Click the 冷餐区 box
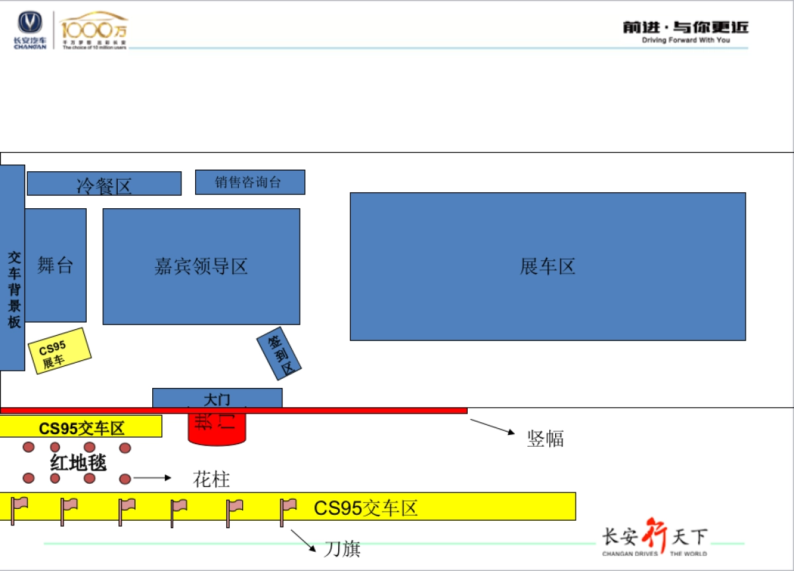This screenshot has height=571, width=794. (104, 184)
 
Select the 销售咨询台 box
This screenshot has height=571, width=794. (249, 182)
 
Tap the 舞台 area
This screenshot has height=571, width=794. (56, 266)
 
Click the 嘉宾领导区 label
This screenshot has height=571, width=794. (201, 266)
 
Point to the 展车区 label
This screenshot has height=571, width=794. (547, 266)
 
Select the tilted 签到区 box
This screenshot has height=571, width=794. (279, 354)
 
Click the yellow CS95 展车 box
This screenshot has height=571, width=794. (60, 351)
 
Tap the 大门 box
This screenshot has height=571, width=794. (217, 399)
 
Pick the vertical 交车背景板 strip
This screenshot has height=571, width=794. (13, 267)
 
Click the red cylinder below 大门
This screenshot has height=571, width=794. (217, 429)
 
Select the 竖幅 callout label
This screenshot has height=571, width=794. (545, 438)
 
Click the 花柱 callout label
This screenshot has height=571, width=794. (211, 479)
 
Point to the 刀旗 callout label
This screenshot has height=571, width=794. (342, 549)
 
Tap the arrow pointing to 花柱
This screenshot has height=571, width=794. (152, 477)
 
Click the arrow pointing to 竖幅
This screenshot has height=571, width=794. (492, 427)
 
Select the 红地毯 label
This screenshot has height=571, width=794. (78, 463)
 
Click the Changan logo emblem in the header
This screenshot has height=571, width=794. (30, 24)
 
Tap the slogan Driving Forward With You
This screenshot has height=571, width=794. (685, 40)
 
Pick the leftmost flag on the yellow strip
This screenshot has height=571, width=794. (19, 510)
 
